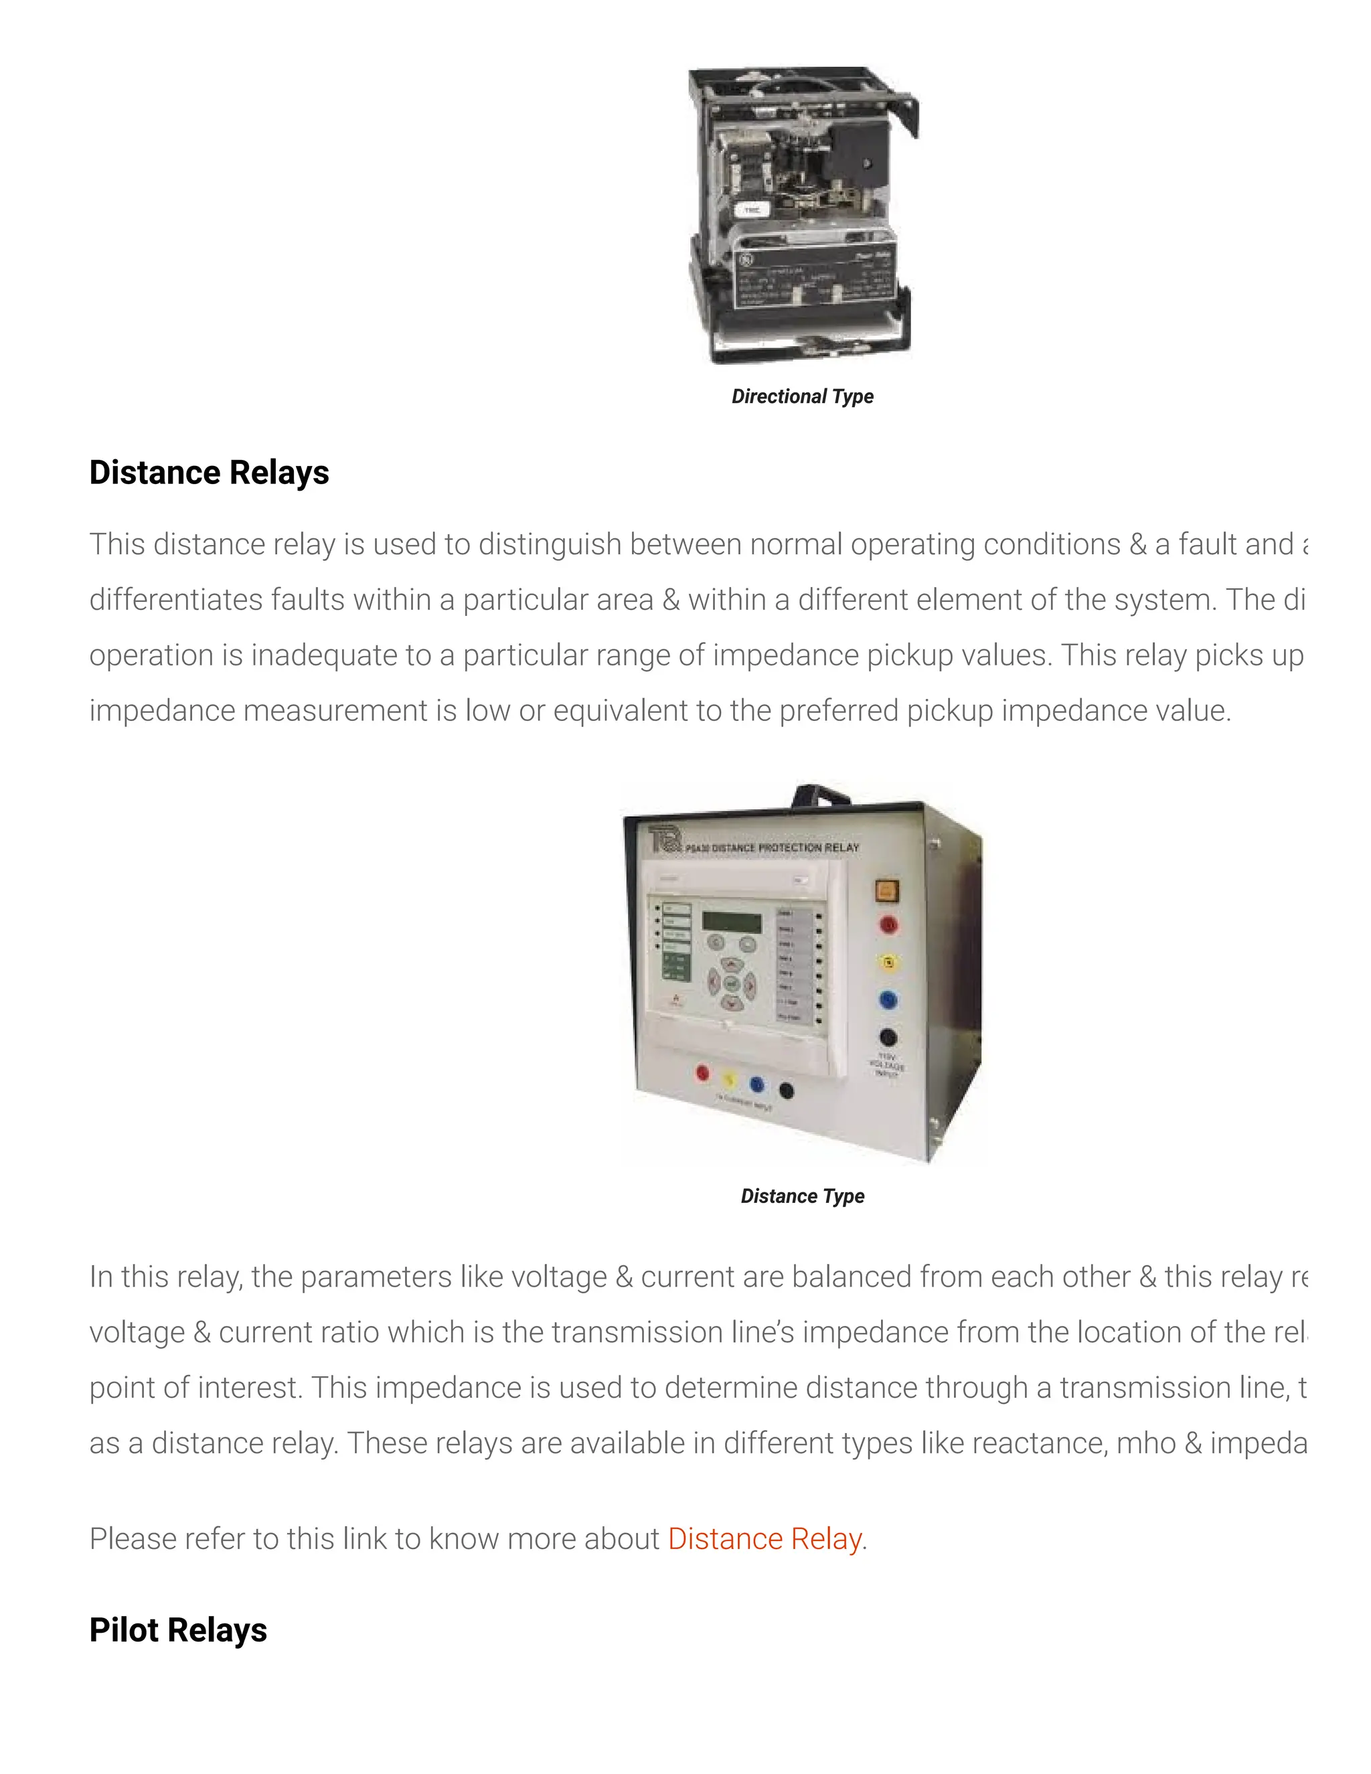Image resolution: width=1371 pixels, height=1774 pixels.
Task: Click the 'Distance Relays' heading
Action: coord(209,473)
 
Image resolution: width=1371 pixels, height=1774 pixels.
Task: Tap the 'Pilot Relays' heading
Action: coord(178,1630)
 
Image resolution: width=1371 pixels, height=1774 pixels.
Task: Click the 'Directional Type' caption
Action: coord(803,396)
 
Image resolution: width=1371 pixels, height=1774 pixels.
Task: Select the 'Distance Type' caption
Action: coord(803,1196)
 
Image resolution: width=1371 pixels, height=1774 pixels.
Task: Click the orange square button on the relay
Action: coord(887,890)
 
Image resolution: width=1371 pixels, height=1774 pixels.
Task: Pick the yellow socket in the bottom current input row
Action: coord(730,1080)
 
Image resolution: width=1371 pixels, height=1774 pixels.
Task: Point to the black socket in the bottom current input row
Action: coord(786,1090)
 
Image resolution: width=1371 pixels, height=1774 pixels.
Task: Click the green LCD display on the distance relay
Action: coord(732,922)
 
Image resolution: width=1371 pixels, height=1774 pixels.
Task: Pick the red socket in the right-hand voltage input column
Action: coord(888,924)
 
